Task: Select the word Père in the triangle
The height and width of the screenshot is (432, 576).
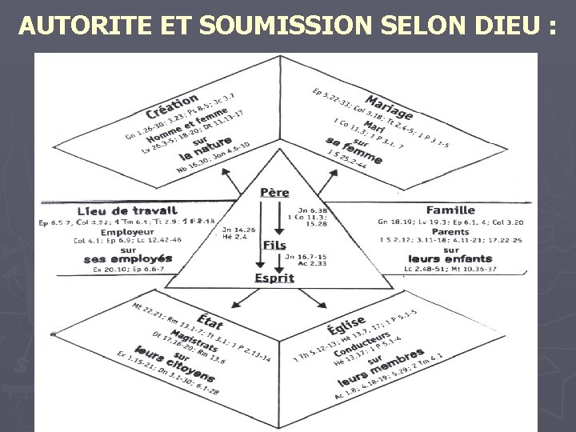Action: tap(274, 192)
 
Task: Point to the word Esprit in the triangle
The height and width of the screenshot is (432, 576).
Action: tap(274, 278)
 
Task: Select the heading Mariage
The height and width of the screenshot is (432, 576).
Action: tap(389, 103)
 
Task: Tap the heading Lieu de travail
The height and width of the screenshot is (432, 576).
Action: tap(127, 210)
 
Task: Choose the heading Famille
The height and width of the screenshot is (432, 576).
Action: tap(450, 210)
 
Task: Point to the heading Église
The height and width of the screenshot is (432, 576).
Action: tap(346, 325)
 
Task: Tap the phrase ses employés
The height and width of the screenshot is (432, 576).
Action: tap(127, 258)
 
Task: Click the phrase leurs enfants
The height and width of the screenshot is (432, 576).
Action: tap(450, 258)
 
